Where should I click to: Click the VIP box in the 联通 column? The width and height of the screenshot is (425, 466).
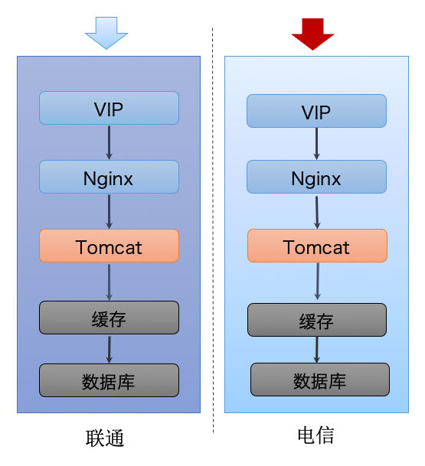coord(109,108)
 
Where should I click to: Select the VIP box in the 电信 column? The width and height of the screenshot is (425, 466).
coord(316,111)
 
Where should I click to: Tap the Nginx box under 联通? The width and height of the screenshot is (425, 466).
coord(109,177)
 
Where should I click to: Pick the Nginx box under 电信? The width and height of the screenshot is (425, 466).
coord(316,177)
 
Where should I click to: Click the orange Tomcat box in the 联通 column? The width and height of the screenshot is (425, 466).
coord(109,246)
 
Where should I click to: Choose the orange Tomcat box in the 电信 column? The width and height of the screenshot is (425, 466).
coord(317,246)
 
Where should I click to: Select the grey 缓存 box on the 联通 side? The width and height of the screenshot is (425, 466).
coord(109,318)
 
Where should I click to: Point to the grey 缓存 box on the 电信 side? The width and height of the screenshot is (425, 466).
coord(317,320)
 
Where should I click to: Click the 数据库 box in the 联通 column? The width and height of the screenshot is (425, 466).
coord(109,380)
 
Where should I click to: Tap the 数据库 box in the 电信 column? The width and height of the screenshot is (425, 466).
coord(320,380)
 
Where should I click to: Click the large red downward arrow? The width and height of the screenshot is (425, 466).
coord(312,34)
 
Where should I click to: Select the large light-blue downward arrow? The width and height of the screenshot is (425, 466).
coord(106,33)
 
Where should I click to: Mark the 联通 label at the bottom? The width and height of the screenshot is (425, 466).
coord(105,438)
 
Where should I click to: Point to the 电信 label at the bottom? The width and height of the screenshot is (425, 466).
coord(315,435)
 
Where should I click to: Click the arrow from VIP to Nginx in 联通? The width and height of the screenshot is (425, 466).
coord(110,142)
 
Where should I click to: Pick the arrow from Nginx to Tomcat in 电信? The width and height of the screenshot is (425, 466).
coord(317,212)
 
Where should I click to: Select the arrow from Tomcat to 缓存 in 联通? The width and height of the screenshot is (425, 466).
coord(110,282)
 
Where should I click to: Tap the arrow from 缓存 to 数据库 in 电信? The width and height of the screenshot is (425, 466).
coord(317,350)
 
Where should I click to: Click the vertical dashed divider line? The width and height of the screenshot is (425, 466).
coord(213,230)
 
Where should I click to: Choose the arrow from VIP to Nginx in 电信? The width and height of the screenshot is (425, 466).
coord(317,144)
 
